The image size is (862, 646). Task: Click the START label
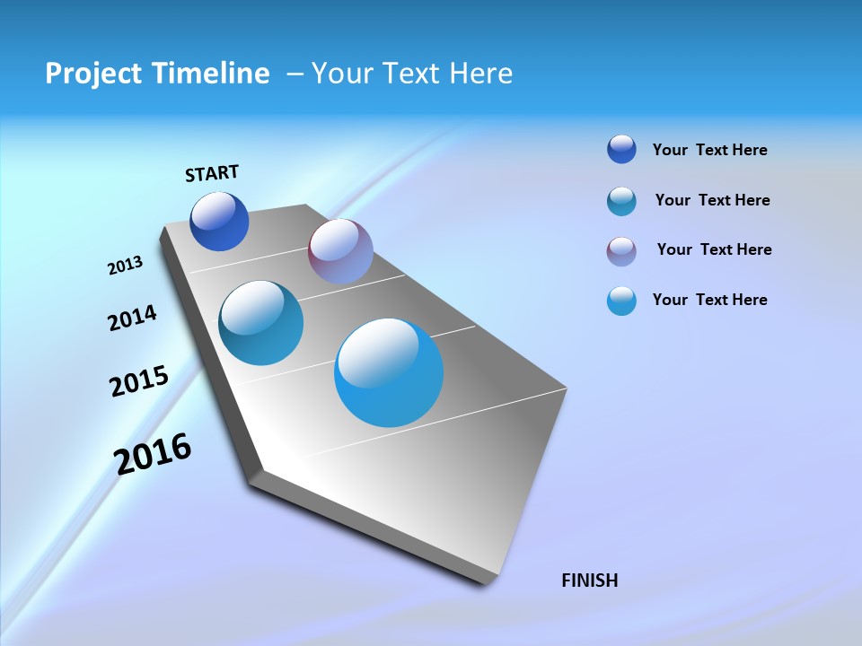(x=212, y=173)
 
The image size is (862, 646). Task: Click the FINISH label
(x=590, y=581)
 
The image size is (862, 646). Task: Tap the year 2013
(x=125, y=265)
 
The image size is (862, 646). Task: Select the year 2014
(x=132, y=318)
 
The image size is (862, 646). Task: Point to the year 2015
(x=139, y=381)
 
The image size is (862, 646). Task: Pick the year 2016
(x=153, y=453)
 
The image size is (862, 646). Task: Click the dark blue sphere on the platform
(x=220, y=222)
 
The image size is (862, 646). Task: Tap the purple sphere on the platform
(x=340, y=251)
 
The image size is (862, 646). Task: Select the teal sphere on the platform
(x=260, y=323)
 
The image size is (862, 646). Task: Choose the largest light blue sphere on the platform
(x=389, y=372)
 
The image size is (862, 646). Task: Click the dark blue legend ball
(x=621, y=150)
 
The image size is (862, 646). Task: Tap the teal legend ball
(x=621, y=201)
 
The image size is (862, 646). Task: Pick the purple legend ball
(x=621, y=251)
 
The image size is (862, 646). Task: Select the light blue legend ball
(x=621, y=301)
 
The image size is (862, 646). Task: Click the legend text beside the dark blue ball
(x=709, y=150)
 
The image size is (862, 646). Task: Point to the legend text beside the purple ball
(x=714, y=249)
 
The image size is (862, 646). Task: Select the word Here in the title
(x=480, y=74)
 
